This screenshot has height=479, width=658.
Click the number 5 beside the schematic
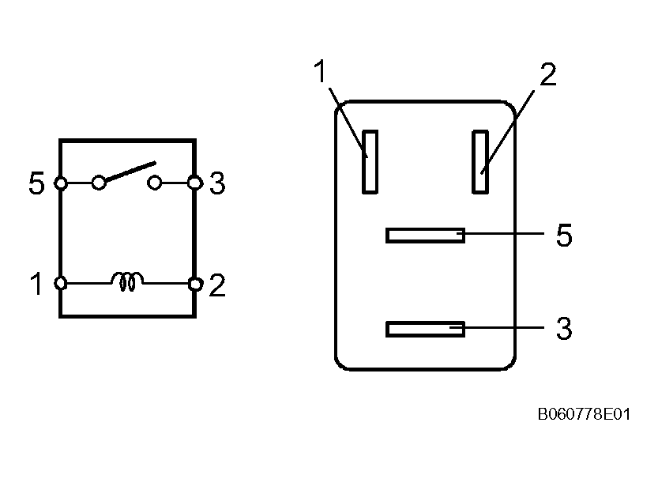[36, 184]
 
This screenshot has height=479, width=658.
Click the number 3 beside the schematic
[217, 184]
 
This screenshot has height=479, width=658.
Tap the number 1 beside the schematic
[36, 284]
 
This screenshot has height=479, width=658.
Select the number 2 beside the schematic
[217, 285]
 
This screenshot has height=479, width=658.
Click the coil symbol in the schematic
[128, 281]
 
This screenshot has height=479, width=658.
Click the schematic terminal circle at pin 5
[60, 183]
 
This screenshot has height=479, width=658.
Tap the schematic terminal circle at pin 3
[194, 183]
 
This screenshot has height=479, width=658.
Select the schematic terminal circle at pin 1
[60, 282]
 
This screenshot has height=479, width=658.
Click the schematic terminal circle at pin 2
[194, 282]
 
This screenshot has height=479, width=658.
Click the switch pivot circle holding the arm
[99, 183]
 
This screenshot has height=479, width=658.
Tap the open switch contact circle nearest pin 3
[156, 183]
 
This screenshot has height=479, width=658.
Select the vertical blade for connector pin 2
[480, 161]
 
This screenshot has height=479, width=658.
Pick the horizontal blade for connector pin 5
[425, 236]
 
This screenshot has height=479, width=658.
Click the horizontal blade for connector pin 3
[425, 329]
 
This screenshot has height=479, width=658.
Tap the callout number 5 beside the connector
[564, 236]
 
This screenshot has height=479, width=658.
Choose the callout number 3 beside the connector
[564, 329]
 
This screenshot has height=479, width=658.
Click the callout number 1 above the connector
[320, 73]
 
